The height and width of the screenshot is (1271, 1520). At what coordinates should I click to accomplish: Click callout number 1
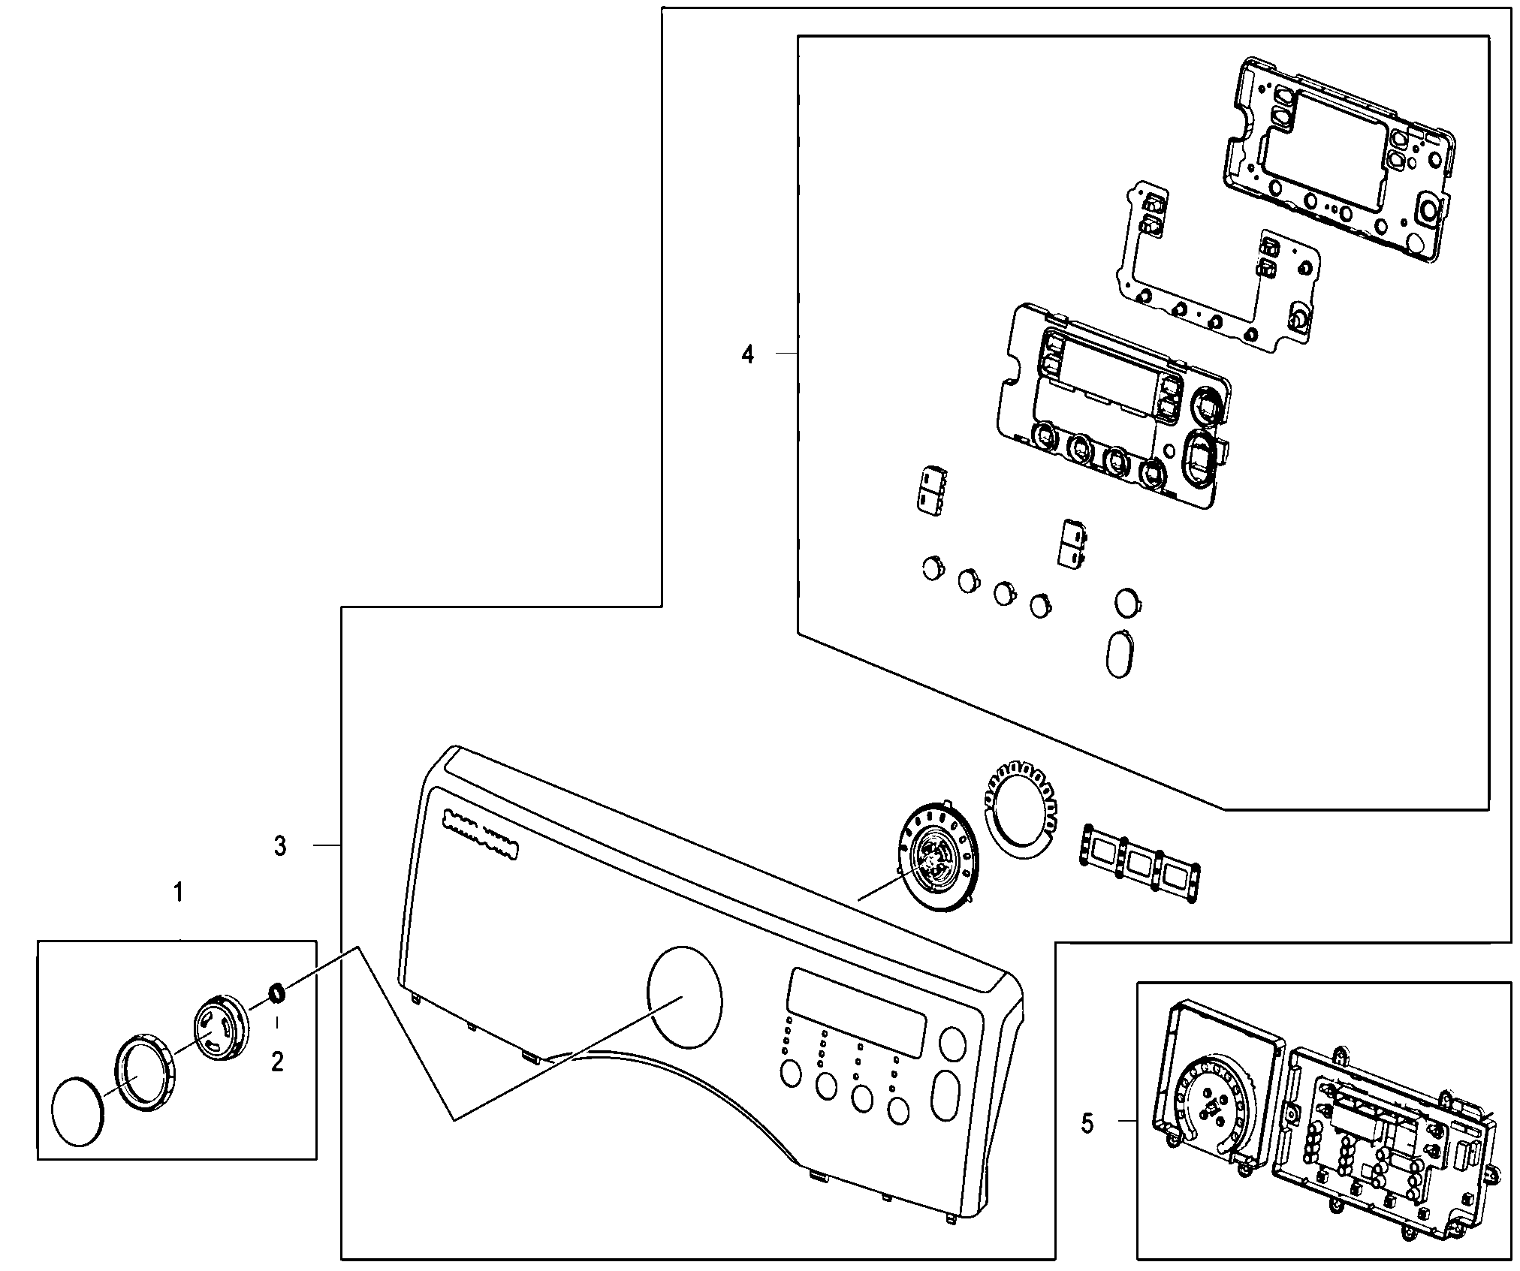coord(178,893)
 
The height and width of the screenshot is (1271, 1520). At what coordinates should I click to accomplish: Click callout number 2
coord(277,1062)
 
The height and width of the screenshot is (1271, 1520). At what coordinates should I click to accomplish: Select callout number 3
coord(279,847)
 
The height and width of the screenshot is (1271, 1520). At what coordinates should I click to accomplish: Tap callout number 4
coord(747,354)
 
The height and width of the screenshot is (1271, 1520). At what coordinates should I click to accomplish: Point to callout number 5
coord(1087,1144)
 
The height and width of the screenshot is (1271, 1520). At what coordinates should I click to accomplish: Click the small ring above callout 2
coord(276,992)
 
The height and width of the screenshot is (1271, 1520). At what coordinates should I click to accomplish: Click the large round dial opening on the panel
coord(683,997)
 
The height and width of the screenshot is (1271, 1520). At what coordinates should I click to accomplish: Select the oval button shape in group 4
coord(1119,654)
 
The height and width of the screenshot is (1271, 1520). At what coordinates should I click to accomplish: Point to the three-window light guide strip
coord(1138,862)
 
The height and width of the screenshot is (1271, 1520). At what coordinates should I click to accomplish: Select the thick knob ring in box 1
coord(144,1071)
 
